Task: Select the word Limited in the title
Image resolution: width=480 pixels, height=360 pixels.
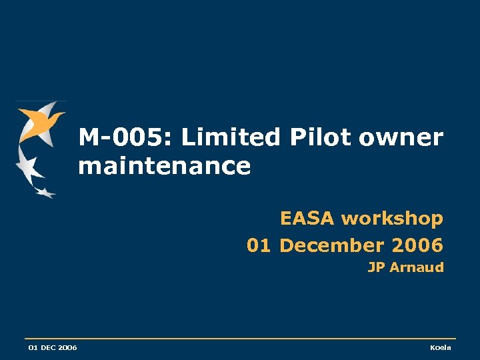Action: tap(231, 138)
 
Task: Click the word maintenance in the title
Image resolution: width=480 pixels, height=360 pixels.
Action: tap(164, 166)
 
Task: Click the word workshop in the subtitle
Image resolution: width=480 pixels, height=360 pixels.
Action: tap(392, 219)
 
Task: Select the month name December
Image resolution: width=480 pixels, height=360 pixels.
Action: tap(331, 245)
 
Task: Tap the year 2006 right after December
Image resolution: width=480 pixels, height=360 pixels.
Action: tap(417, 245)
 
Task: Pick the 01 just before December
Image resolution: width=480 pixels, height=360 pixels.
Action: tap(258, 245)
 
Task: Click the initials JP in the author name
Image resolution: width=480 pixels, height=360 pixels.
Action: tap(376, 268)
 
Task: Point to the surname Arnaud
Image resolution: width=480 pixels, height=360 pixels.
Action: tap(416, 268)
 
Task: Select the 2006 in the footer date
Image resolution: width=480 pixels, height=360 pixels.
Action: tap(67, 348)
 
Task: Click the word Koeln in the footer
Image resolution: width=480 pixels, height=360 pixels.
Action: tap(441, 348)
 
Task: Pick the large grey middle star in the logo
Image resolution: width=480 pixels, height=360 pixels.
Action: tap(28, 165)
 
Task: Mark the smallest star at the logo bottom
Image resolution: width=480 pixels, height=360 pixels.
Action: tap(45, 193)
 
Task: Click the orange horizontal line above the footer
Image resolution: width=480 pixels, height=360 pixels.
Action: tap(240, 339)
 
